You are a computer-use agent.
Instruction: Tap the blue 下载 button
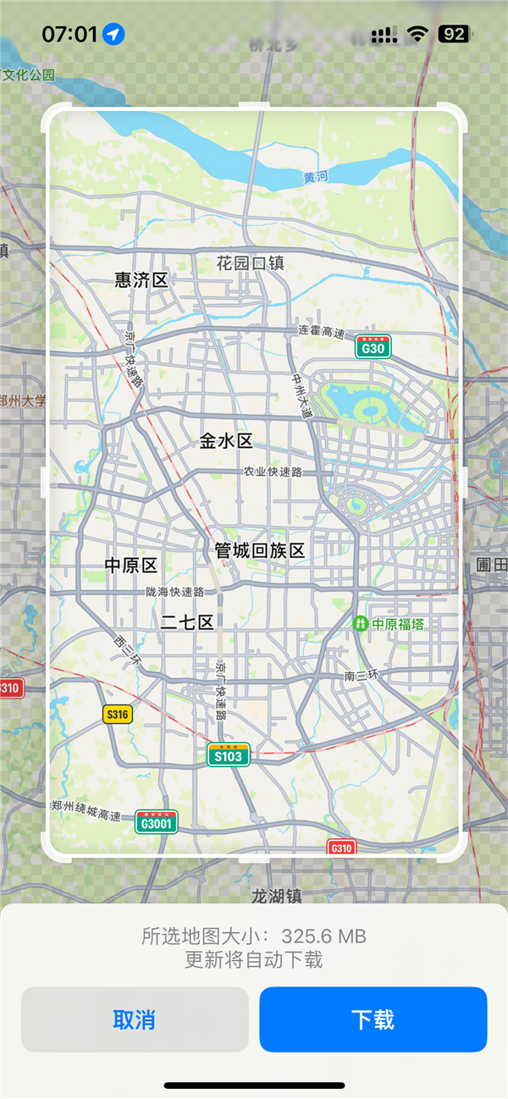click(x=373, y=1019)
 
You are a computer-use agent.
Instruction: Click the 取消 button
click(x=135, y=1019)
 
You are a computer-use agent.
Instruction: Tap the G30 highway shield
click(x=373, y=348)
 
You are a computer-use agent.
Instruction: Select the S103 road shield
click(x=229, y=755)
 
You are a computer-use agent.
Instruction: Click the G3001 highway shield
click(x=157, y=822)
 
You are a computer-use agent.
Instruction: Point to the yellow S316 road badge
click(x=118, y=715)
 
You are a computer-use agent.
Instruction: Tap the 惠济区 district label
click(x=141, y=280)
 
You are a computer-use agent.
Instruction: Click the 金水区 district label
click(x=226, y=440)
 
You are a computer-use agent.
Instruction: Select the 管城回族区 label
click(x=259, y=550)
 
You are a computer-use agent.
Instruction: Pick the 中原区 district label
click(x=131, y=565)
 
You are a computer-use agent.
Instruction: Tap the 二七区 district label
click(x=187, y=623)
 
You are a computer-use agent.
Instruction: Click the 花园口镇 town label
click(x=250, y=262)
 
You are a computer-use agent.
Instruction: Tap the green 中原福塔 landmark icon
click(x=361, y=624)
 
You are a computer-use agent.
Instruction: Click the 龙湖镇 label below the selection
click(x=277, y=895)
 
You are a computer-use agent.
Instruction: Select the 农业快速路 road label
click(x=273, y=472)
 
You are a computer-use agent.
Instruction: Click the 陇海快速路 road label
click(x=174, y=592)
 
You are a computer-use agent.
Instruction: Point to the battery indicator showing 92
click(x=453, y=34)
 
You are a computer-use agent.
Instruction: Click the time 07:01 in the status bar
click(x=69, y=34)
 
